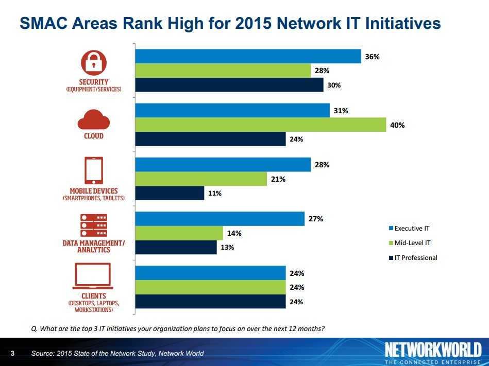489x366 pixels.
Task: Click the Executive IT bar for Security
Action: click(x=247, y=56)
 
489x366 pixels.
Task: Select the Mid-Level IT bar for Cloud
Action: click(x=260, y=125)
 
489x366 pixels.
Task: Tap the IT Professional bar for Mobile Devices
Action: click(x=170, y=193)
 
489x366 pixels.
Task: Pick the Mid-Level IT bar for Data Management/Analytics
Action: click(x=179, y=233)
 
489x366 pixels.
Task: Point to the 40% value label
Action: click(x=397, y=125)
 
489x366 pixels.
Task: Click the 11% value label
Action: click(x=215, y=194)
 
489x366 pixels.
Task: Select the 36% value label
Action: click(x=372, y=57)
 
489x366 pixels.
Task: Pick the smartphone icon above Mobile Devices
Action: click(x=93, y=170)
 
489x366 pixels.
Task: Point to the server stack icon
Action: click(x=93, y=224)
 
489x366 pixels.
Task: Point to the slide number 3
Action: click(x=12, y=353)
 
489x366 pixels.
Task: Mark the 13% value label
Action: click(x=227, y=248)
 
